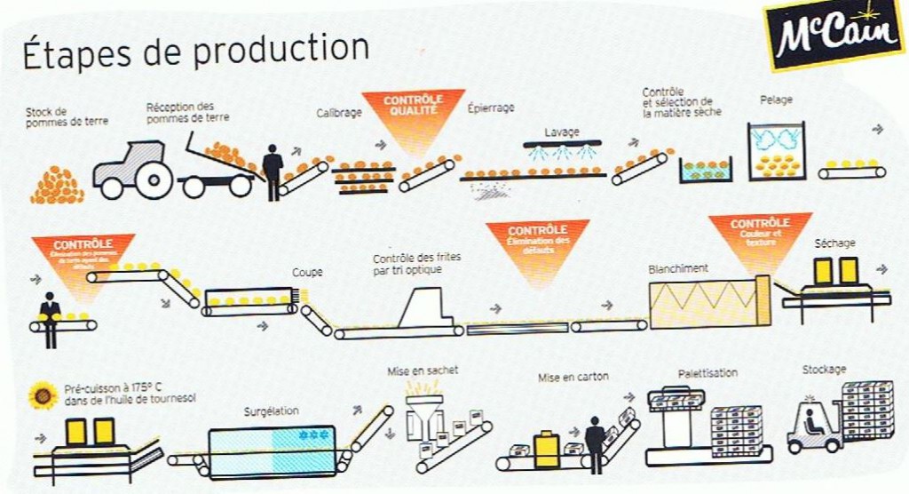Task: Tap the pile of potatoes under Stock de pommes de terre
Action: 57,185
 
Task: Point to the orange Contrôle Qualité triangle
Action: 412,111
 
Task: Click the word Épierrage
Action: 491,108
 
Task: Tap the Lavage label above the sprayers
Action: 561,131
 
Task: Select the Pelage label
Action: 776,100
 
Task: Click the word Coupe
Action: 307,272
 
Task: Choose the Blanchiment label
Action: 678,268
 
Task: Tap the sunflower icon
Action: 42,395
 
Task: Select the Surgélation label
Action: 272,411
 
